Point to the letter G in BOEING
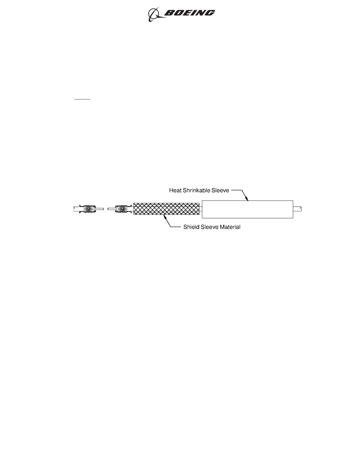[x=210, y=13]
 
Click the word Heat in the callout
[x=175, y=190]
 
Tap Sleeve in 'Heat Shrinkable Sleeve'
[x=221, y=190]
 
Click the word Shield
[x=190, y=227]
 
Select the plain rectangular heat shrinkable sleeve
[x=247, y=209]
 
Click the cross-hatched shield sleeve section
[x=166, y=209]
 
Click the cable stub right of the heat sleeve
[x=298, y=209]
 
